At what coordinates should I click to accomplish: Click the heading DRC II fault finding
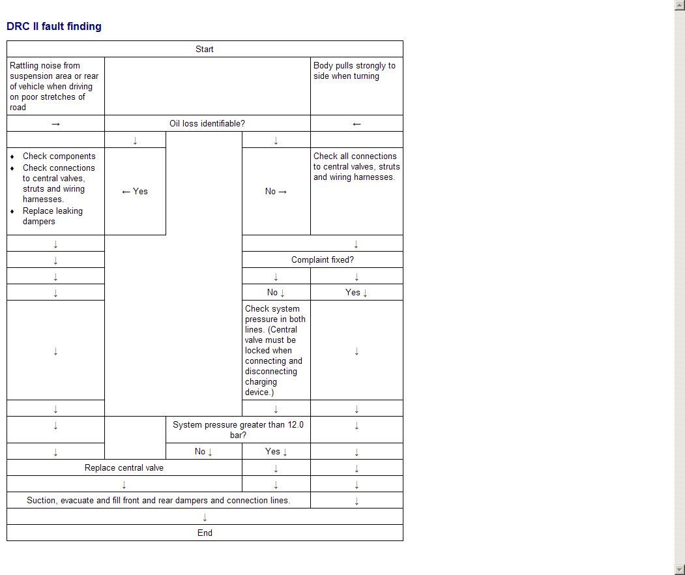(x=54, y=27)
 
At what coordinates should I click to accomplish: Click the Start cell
(x=205, y=49)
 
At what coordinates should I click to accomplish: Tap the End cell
(x=205, y=533)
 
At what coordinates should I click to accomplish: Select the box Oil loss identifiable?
(x=207, y=123)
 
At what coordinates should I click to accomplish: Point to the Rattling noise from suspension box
(x=55, y=86)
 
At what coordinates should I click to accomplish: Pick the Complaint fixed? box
(x=322, y=259)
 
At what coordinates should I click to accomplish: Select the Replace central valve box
(x=124, y=467)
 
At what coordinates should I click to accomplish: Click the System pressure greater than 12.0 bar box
(x=238, y=429)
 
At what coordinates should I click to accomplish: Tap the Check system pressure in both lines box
(x=276, y=350)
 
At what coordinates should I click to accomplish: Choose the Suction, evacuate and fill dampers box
(x=158, y=500)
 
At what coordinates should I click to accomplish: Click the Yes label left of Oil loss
(x=135, y=191)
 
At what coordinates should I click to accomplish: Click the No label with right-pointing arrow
(x=276, y=191)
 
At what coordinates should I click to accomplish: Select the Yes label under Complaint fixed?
(x=356, y=292)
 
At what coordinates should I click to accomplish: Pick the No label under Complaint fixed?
(x=276, y=292)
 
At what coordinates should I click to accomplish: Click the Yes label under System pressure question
(x=276, y=451)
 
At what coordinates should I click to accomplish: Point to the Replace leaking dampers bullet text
(x=39, y=216)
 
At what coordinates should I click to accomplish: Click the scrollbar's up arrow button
(x=679, y=5)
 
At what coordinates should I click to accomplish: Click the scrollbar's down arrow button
(x=679, y=569)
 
